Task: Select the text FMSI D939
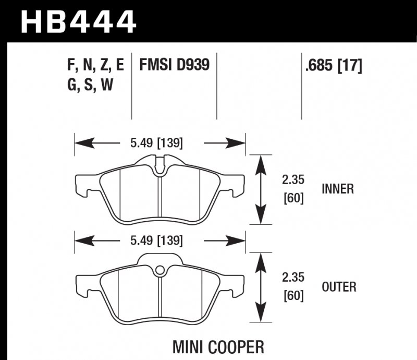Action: [x=174, y=65]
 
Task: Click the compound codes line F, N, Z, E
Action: [x=95, y=65]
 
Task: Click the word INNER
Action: [x=338, y=189]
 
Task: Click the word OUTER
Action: [x=339, y=286]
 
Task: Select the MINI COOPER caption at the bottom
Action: [x=218, y=346]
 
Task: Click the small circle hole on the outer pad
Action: [x=160, y=270]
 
